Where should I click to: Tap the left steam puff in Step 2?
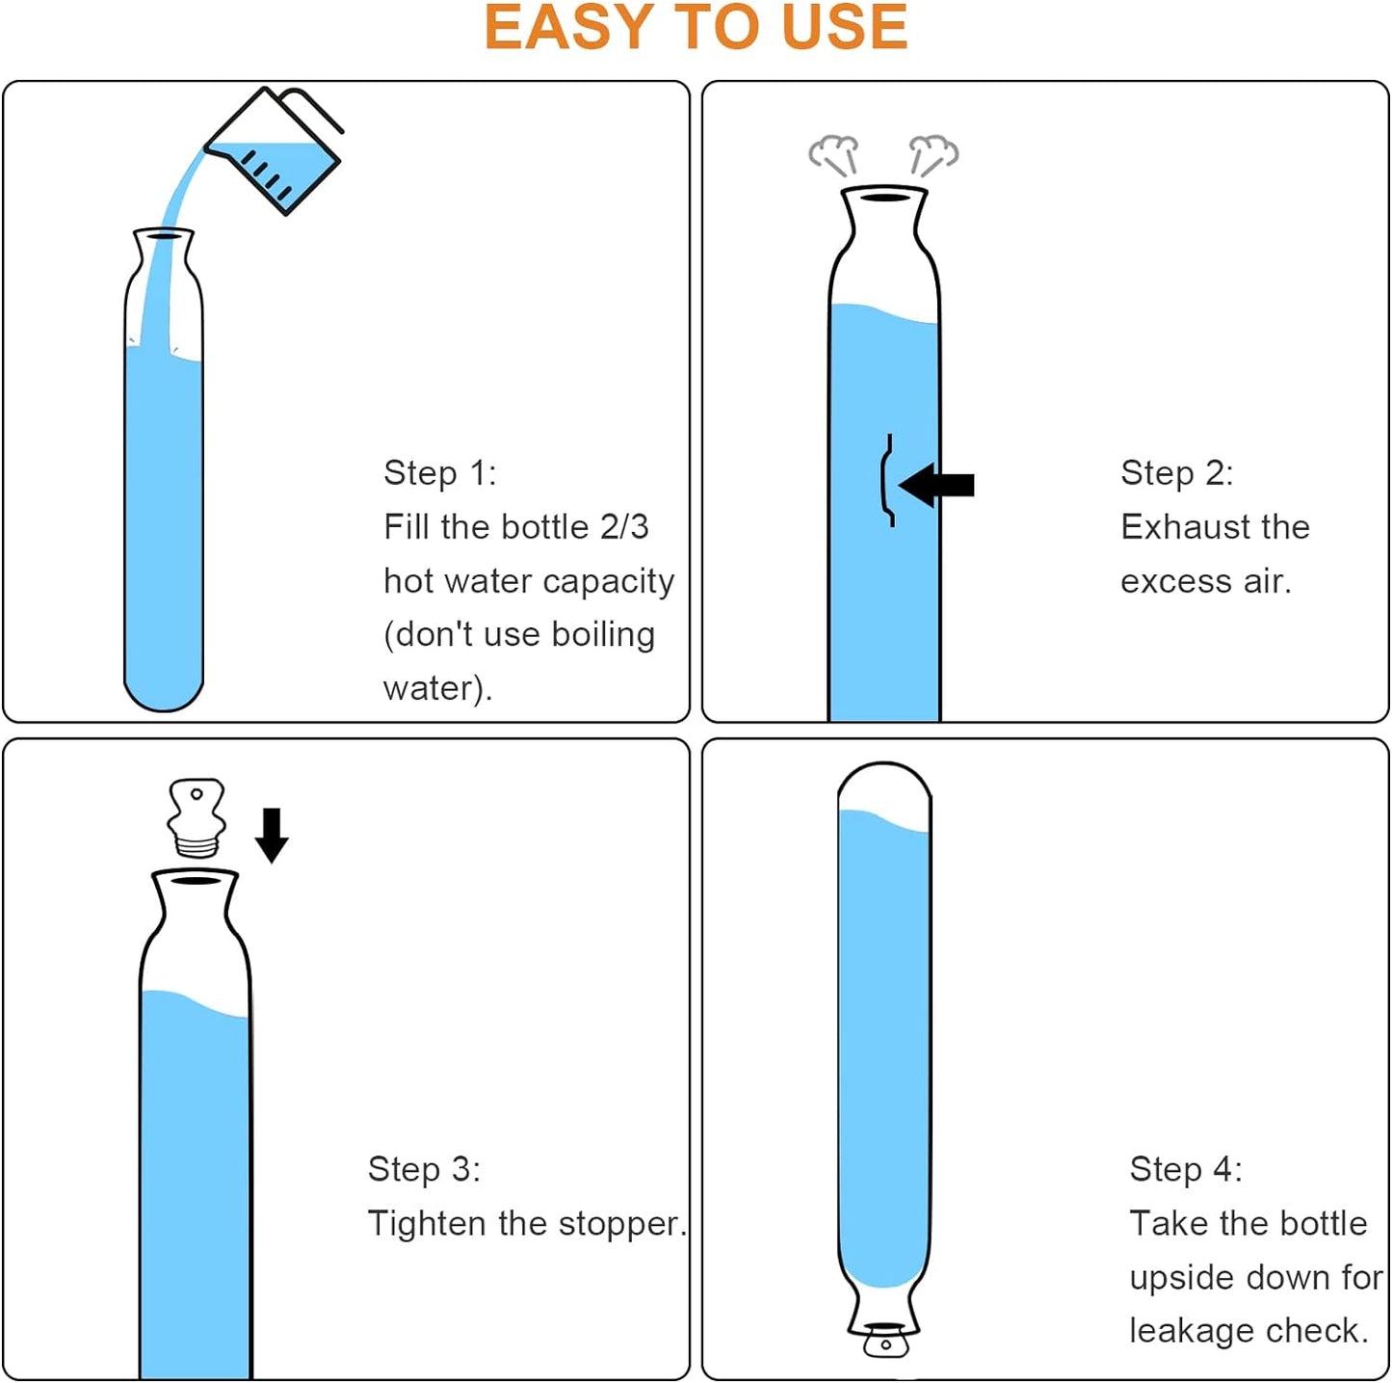pyautogui.click(x=834, y=153)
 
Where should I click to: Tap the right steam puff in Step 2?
pyautogui.click(x=933, y=153)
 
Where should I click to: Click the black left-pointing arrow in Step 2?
pyautogui.click(x=937, y=485)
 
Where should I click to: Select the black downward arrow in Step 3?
pyautogui.click(x=272, y=835)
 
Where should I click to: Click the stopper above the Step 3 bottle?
pyautogui.click(x=197, y=818)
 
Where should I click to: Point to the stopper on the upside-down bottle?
pyautogui.click(x=884, y=1340)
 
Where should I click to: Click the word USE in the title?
pyautogui.click(x=844, y=28)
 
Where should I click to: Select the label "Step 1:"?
pyautogui.click(x=439, y=473)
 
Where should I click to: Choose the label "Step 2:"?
pyautogui.click(x=1176, y=473)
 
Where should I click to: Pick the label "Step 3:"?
pyautogui.click(x=424, y=1169)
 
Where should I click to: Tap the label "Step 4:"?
pyautogui.click(x=1186, y=1169)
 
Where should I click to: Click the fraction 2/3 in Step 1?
pyautogui.click(x=624, y=527)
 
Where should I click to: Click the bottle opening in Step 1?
pyautogui.click(x=164, y=234)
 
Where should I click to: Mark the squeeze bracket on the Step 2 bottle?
pyautogui.click(x=887, y=480)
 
